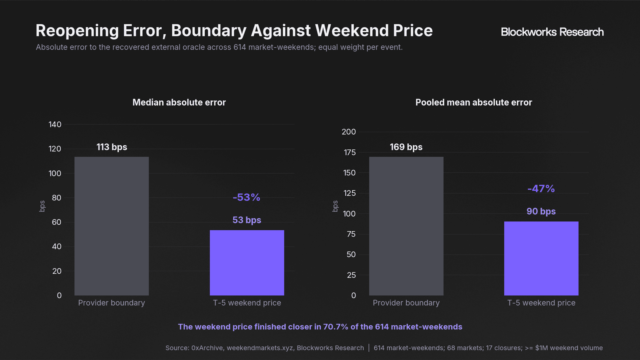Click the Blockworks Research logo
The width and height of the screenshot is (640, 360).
click(552, 32)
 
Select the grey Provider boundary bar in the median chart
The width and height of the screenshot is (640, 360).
click(111, 226)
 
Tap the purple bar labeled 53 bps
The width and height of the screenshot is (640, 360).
click(247, 263)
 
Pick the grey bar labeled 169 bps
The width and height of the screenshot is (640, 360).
click(406, 226)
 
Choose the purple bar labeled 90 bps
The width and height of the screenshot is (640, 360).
click(541, 258)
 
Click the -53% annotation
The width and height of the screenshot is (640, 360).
click(246, 197)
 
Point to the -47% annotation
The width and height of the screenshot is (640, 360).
click(541, 189)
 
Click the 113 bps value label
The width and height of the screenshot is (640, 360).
click(112, 147)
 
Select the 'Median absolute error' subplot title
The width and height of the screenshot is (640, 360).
click(179, 102)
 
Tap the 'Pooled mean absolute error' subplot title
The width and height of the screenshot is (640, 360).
click(474, 102)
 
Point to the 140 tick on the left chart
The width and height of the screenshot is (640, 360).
click(55, 124)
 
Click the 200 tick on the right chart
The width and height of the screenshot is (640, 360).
click(349, 132)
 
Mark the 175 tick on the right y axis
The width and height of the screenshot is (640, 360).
click(350, 152)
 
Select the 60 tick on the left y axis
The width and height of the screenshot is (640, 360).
click(56, 222)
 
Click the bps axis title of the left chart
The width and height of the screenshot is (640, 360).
click(42, 206)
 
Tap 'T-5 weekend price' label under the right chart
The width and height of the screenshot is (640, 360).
click(541, 303)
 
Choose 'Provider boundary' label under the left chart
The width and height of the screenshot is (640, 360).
click(111, 303)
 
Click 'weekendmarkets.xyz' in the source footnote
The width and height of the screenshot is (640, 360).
click(260, 348)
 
